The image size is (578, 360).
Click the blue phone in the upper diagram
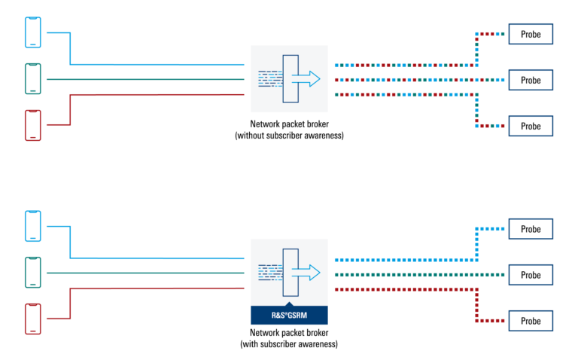[32, 32]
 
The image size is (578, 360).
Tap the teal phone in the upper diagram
[32, 78]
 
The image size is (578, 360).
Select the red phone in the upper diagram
[32, 125]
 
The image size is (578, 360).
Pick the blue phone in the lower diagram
[32, 226]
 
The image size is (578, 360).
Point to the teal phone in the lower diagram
[32, 272]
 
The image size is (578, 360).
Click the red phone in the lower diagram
[32, 319]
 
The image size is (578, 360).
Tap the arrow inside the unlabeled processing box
[306, 79]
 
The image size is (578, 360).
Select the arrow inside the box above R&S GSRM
[306, 273]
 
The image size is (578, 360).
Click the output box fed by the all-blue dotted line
[531, 229]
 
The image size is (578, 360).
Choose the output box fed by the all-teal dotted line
[531, 275]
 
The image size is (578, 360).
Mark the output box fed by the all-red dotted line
[531, 321]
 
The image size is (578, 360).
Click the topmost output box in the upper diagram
[531, 34]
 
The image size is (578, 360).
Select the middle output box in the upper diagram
[531, 80]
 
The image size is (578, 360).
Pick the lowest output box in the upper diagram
[531, 126]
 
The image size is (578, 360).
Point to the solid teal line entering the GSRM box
[151, 273]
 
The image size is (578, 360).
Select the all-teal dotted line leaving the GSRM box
[406, 275]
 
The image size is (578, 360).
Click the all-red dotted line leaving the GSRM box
[406, 289]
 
